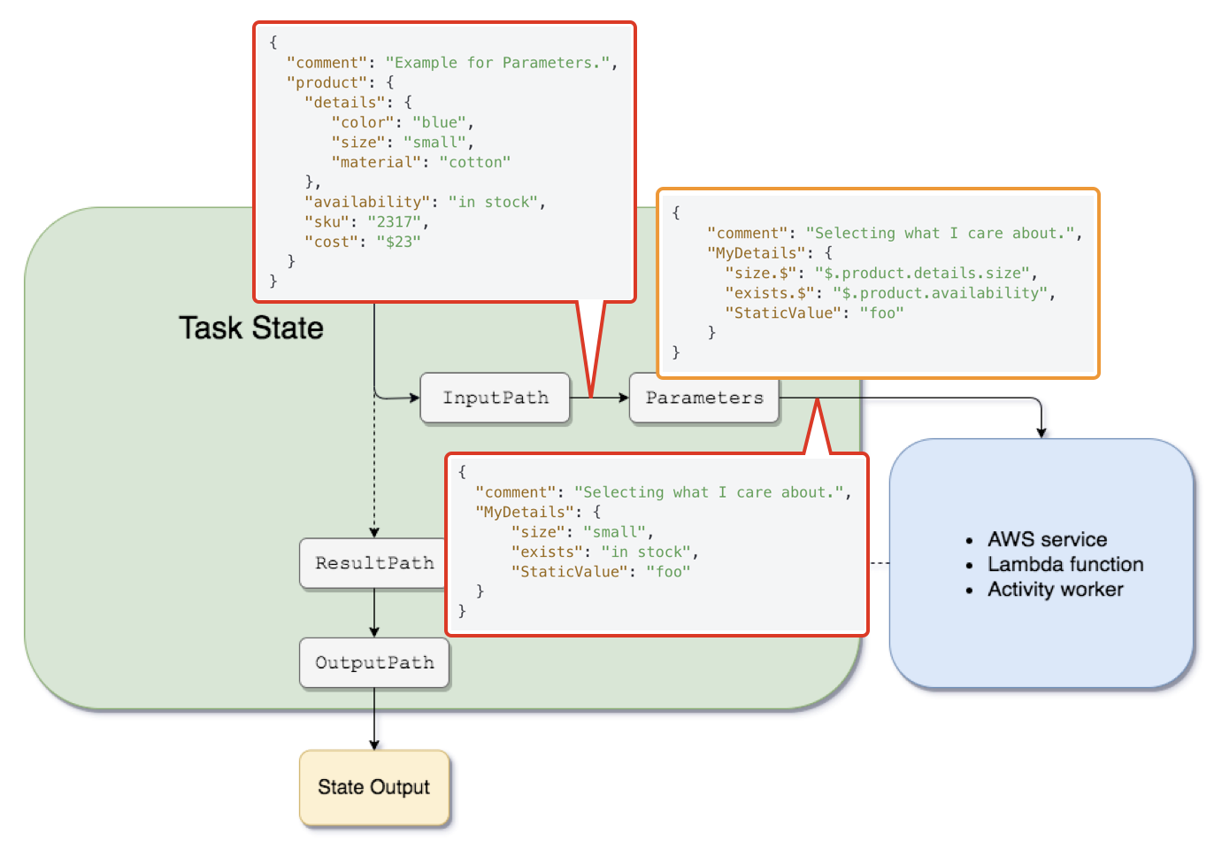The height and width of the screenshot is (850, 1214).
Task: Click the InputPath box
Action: pyautogui.click(x=495, y=398)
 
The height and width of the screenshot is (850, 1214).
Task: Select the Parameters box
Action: pyautogui.click(x=703, y=398)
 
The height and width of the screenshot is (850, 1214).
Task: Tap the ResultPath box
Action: pyautogui.click(x=373, y=563)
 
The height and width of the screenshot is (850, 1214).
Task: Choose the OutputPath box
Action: pyautogui.click(x=374, y=663)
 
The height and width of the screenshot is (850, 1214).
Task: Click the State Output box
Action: pyautogui.click(x=374, y=787)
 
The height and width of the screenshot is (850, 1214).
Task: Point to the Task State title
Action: pyautogui.click(x=251, y=328)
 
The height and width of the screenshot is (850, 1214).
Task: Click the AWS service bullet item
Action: pyautogui.click(x=1047, y=539)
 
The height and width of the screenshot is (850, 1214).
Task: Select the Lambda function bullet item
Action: pyautogui.click(x=1065, y=564)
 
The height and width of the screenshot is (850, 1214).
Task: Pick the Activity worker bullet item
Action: pyautogui.click(x=1055, y=590)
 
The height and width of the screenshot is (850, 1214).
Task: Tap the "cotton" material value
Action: pyautogui.click(x=475, y=162)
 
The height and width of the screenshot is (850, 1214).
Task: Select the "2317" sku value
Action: pyautogui.click(x=396, y=221)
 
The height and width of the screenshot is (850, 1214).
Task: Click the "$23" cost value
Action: pyautogui.click(x=398, y=242)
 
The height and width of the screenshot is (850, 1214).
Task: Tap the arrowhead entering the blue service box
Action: pyautogui.click(x=1041, y=431)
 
